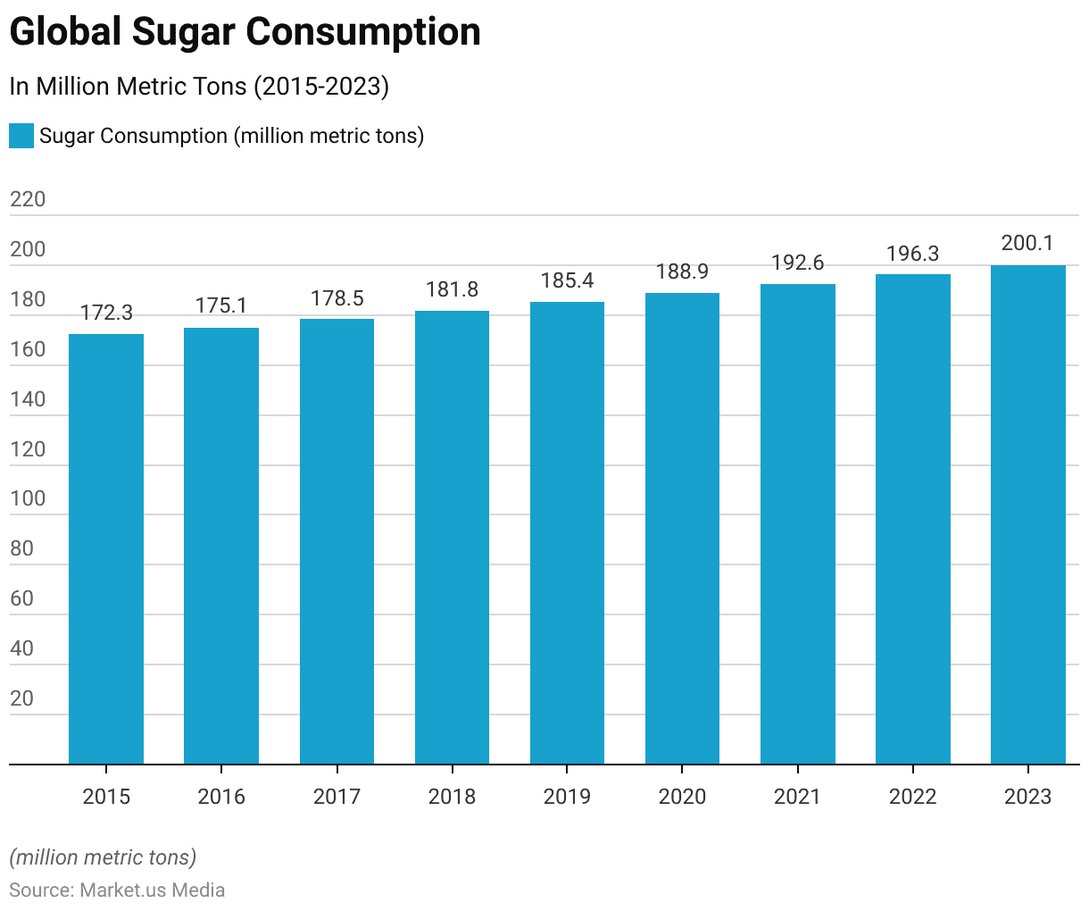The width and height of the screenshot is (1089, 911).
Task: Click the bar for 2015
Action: pyautogui.click(x=106, y=548)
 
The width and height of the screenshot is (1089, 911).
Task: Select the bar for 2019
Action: pyautogui.click(x=567, y=532)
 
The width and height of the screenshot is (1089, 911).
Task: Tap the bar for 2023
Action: pyautogui.click(x=1027, y=514)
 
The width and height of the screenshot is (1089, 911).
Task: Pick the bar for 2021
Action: pyautogui.click(x=797, y=524)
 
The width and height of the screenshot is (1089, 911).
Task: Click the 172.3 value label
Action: pyautogui.click(x=106, y=313)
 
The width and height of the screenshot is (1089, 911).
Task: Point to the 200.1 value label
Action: pyautogui.click(x=1027, y=243)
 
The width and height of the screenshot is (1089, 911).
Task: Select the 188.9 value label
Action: pyautogui.click(x=682, y=272)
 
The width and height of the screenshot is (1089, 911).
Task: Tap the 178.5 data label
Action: pyautogui.click(x=337, y=298)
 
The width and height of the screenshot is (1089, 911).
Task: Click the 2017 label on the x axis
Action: pyautogui.click(x=337, y=796)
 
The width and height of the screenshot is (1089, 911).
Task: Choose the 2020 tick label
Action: pyautogui.click(x=682, y=796)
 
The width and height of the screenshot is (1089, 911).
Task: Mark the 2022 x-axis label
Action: pyautogui.click(x=912, y=796)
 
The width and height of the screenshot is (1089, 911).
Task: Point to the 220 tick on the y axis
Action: pyautogui.click(x=28, y=199)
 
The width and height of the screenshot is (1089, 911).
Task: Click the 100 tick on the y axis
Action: pyautogui.click(x=28, y=498)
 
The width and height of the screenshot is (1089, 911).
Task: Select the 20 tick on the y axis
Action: pyautogui.click(x=22, y=698)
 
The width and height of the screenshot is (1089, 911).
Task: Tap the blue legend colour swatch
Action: pyautogui.click(x=21, y=136)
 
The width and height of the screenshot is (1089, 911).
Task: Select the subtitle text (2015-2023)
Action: pyautogui.click(x=321, y=87)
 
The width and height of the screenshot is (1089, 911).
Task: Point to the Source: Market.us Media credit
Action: pyautogui.click(x=117, y=890)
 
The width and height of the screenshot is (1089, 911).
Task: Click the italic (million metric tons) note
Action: pyautogui.click(x=103, y=857)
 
